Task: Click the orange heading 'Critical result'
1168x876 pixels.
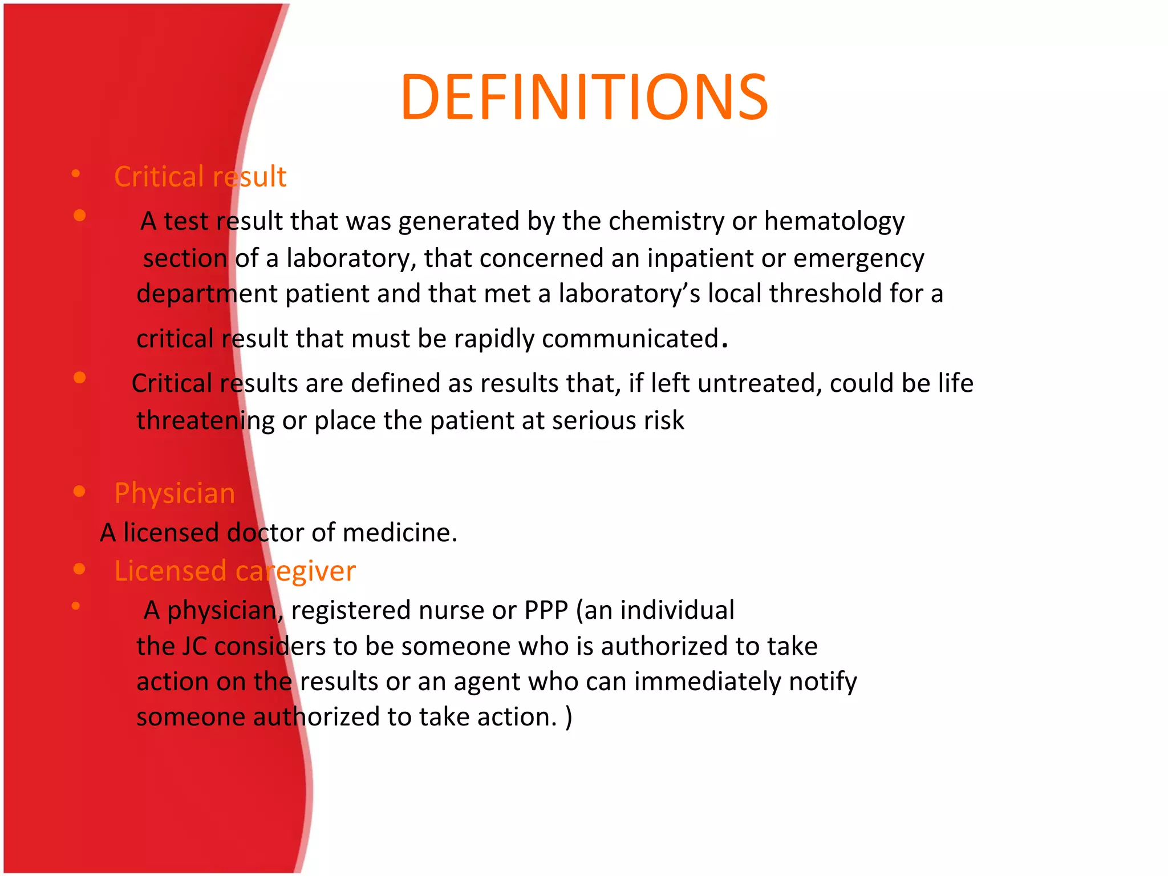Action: pos(200,176)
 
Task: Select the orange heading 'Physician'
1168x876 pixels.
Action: pos(175,493)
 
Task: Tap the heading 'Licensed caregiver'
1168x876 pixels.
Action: pos(235,571)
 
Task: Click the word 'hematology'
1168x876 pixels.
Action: pos(834,221)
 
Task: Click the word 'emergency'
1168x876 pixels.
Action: pos(858,258)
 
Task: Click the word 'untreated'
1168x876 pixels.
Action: pos(759,383)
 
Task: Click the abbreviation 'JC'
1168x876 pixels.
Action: pos(194,647)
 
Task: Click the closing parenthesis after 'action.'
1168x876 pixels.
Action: pos(569,717)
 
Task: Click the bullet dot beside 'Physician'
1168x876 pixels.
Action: pos(79,491)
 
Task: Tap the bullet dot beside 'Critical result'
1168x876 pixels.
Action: pos(76,174)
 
